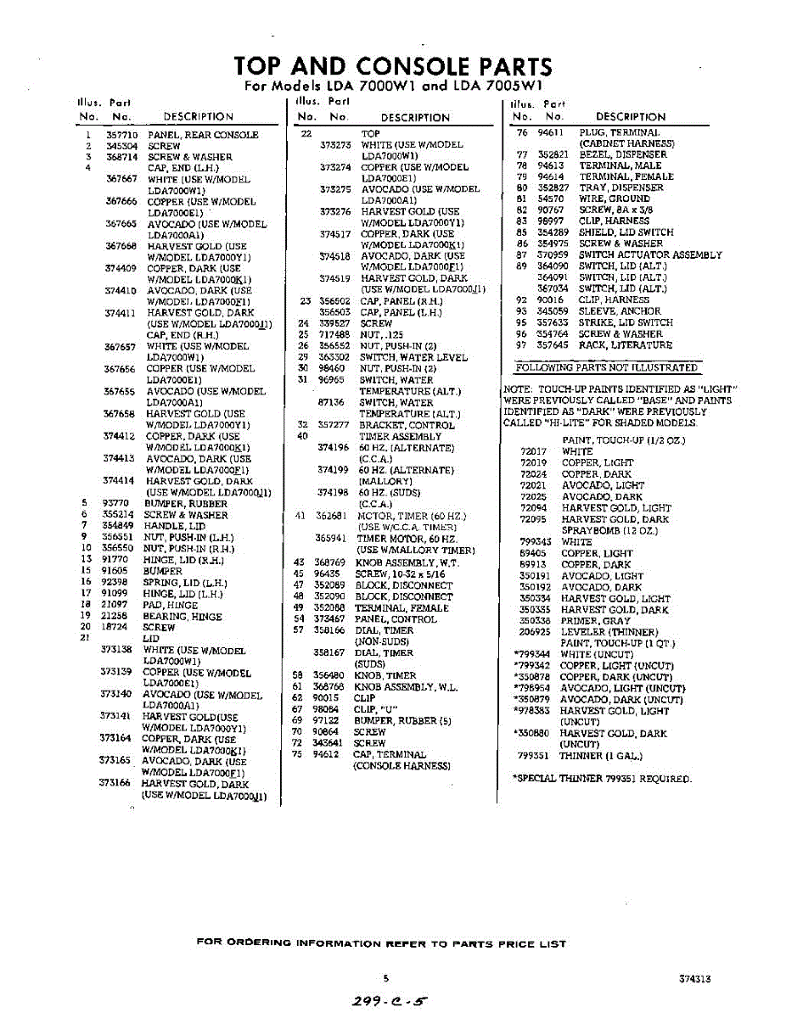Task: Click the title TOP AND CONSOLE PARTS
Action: tap(392, 66)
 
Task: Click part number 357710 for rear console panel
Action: tap(121, 135)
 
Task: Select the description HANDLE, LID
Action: tap(175, 526)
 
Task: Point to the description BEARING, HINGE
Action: tap(182, 617)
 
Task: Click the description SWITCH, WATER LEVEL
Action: tap(413, 357)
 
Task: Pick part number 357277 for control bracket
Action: tap(332, 425)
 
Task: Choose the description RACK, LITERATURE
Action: tap(626, 345)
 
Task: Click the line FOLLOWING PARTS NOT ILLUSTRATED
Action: tap(607, 367)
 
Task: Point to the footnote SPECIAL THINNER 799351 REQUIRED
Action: tap(602, 778)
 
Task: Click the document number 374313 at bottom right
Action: tap(694, 978)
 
